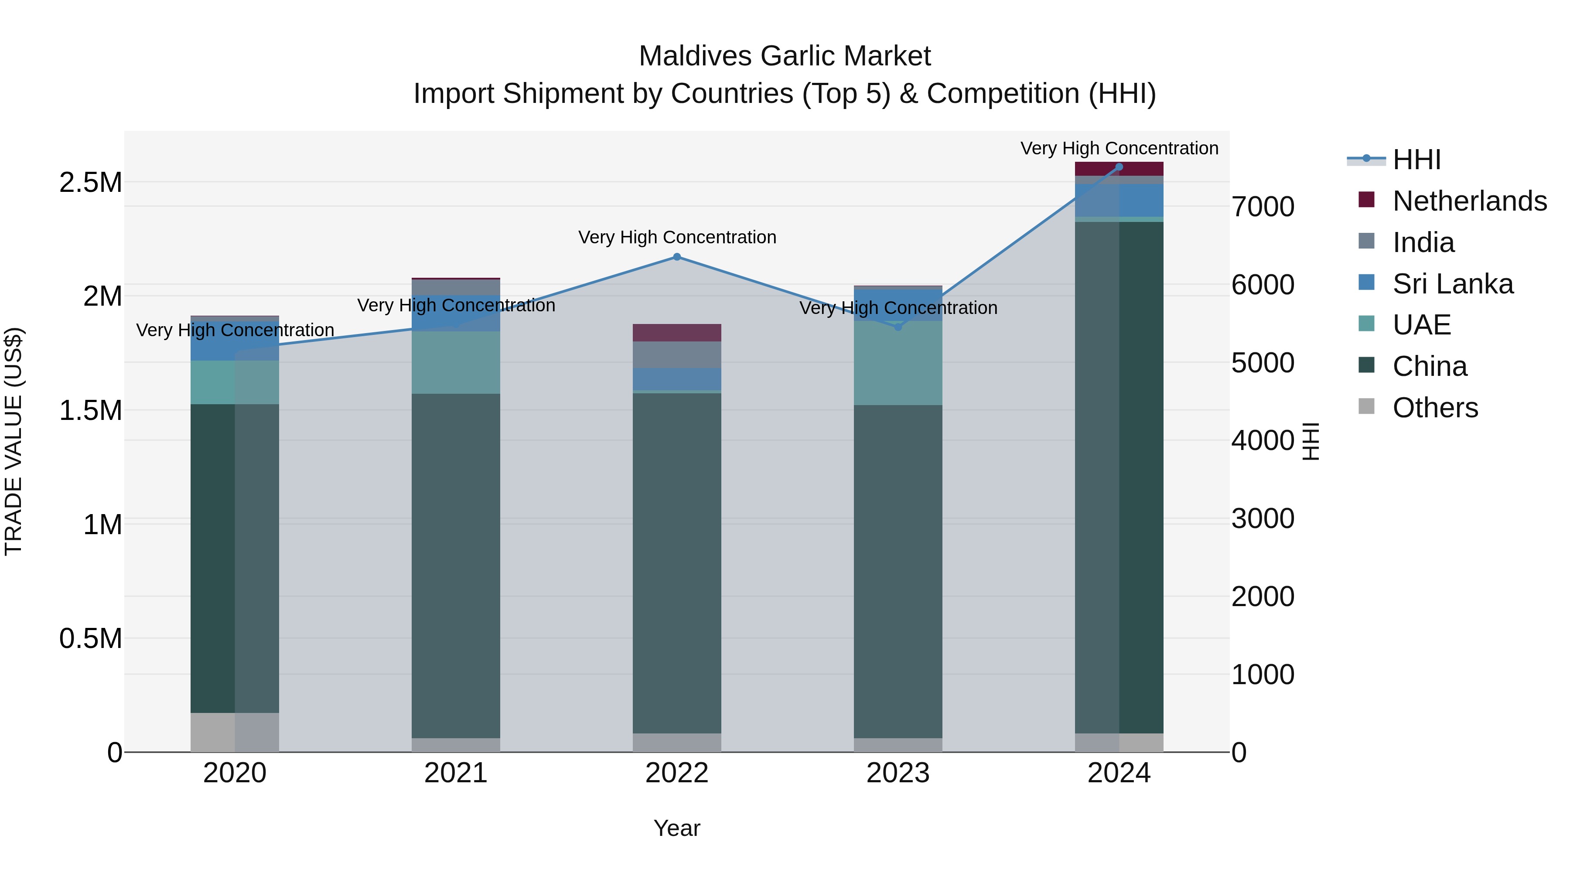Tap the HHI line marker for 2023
point(898,327)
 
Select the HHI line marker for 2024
point(1119,167)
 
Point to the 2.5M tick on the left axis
point(90,182)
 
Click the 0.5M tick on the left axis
point(90,639)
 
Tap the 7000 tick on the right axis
point(1263,207)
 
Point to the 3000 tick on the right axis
point(1263,518)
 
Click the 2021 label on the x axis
point(456,773)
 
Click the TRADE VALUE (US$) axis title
point(14,441)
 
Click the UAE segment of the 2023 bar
point(898,363)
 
